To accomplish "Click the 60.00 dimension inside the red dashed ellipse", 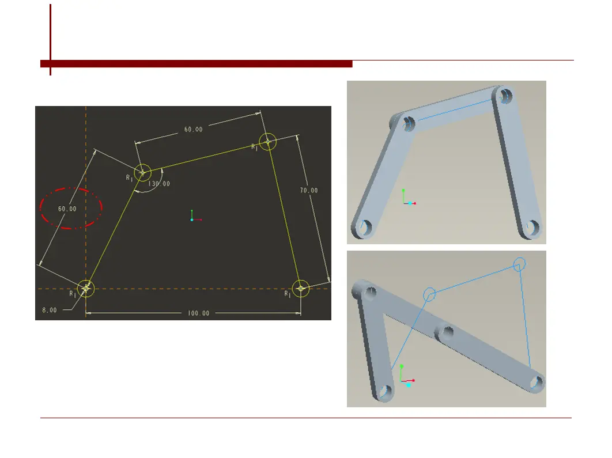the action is click(x=67, y=209).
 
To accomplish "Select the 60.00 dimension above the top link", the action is click(x=193, y=129).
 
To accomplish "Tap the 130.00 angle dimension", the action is click(x=159, y=183).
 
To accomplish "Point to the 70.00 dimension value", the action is click(x=309, y=190).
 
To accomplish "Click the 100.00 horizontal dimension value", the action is click(x=199, y=313).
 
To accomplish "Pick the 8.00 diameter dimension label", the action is click(x=49, y=310).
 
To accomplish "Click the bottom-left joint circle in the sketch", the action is click(x=86, y=281).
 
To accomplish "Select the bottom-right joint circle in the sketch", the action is click(x=301, y=280).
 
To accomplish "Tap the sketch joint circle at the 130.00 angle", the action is click(x=142, y=164).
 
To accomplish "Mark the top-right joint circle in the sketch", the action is click(x=268, y=133).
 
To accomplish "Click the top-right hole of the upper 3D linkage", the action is click(x=506, y=95).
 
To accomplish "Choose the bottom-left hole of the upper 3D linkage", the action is click(x=365, y=227).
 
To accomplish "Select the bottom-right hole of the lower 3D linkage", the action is click(x=537, y=383).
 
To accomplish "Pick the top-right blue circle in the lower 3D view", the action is click(x=519, y=258).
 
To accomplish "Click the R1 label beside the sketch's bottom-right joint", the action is click(x=287, y=294).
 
